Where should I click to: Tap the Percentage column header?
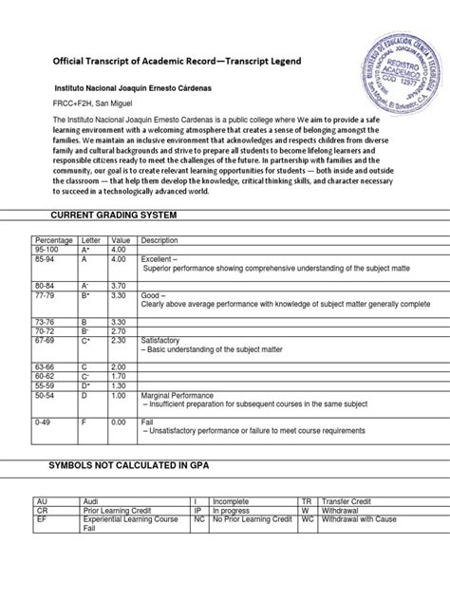point(54,240)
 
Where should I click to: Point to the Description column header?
point(159,240)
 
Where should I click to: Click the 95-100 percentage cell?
point(47,249)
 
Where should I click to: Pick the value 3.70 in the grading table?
point(120,285)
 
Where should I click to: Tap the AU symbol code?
point(42,500)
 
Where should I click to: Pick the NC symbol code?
point(199,518)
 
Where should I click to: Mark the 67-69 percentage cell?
point(45,340)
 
